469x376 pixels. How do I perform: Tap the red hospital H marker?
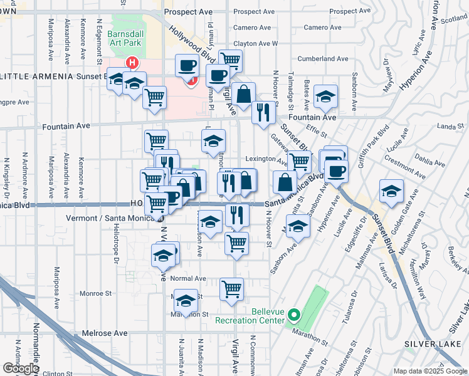[x=132, y=63]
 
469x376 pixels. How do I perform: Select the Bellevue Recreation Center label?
[x=255, y=316]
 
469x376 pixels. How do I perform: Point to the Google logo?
[x=21, y=368]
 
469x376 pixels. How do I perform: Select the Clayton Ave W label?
[x=255, y=44]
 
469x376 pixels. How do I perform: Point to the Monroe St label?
[x=96, y=293]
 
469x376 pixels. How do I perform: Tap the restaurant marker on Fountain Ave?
[x=264, y=112]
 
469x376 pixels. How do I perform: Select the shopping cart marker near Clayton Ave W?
[x=231, y=61]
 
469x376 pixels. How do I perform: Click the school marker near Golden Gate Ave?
[x=391, y=191]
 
